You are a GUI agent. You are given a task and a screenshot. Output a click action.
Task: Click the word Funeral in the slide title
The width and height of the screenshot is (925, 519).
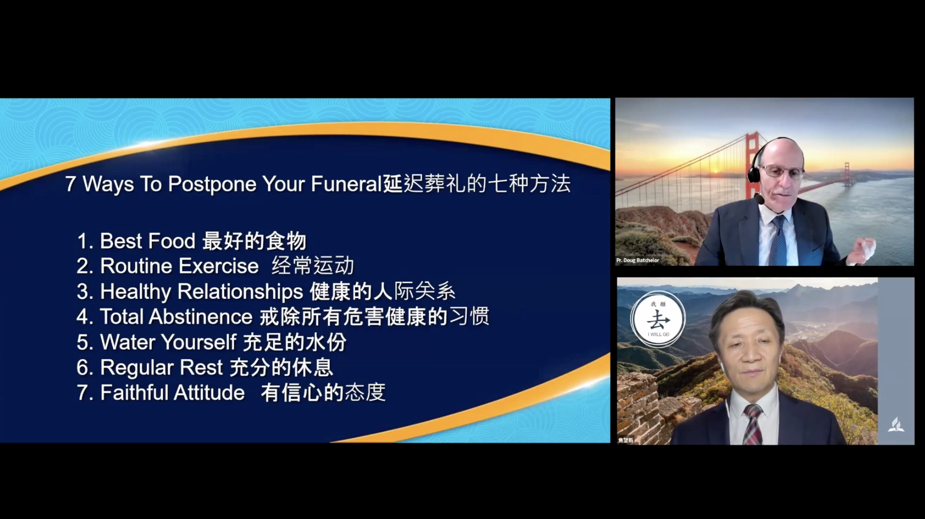pos(346,184)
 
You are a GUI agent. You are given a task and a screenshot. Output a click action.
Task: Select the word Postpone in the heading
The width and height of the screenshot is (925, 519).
pos(212,185)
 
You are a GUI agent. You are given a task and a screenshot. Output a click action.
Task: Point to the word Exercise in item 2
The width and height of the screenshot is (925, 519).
pos(219,266)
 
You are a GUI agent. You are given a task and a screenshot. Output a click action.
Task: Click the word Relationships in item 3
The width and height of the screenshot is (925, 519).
pos(240,292)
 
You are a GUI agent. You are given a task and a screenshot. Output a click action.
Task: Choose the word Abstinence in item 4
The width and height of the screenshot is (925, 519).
pos(200,317)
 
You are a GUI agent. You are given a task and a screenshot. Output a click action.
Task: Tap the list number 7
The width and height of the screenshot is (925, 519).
pos(82,393)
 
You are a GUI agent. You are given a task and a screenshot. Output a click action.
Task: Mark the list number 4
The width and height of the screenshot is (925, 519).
pos(82,317)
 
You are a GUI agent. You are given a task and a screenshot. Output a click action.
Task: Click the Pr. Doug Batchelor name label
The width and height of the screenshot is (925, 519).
pos(638,261)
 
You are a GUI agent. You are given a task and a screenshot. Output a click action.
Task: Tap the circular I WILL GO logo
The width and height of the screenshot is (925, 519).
pos(658,319)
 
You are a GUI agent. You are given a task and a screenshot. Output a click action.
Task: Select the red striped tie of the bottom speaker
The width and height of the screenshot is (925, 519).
pos(753,424)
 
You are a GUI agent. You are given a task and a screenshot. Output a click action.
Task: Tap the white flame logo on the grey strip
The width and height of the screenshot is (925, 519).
pos(896,425)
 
